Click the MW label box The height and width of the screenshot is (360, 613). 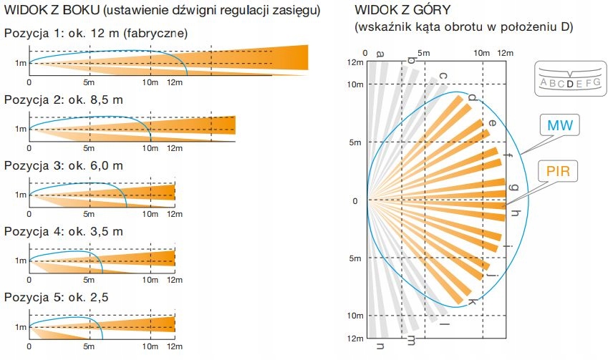click(x=560, y=126)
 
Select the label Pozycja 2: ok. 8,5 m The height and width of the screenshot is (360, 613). click(x=64, y=99)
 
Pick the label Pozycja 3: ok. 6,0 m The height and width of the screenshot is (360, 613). click(x=64, y=165)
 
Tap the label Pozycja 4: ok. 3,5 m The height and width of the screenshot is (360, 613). click(x=64, y=231)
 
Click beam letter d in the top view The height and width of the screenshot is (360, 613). click(x=471, y=97)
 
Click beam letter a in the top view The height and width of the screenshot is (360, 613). click(x=380, y=54)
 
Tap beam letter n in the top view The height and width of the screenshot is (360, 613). click(x=380, y=347)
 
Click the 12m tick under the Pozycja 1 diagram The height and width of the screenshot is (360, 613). click(x=174, y=82)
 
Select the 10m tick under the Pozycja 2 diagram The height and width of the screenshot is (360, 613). click(x=150, y=148)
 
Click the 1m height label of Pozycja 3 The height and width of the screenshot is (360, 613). click(x=20, y=195)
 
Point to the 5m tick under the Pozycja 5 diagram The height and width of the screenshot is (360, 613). click(x=90, y=346)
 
